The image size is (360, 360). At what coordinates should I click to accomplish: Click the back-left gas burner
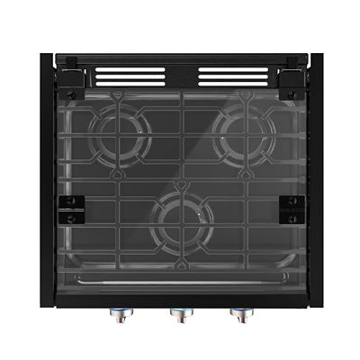[x=121, y=135]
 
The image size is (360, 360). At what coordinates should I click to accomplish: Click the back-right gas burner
[x=242, y=135]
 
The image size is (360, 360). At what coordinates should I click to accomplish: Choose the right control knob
[x=239, y=314]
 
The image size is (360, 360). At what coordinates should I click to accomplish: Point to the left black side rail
[x=47, y=180]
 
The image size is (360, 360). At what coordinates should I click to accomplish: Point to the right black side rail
[x=315, y=180]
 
